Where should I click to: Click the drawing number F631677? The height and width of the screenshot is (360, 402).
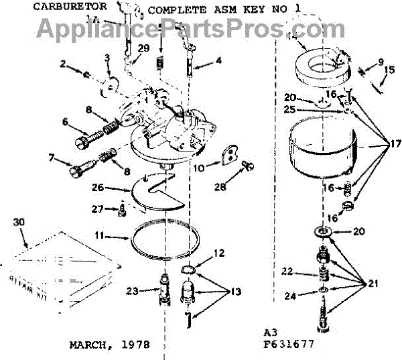tap(288, 345)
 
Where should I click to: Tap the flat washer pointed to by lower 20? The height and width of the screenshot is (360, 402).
tap(323, 232)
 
